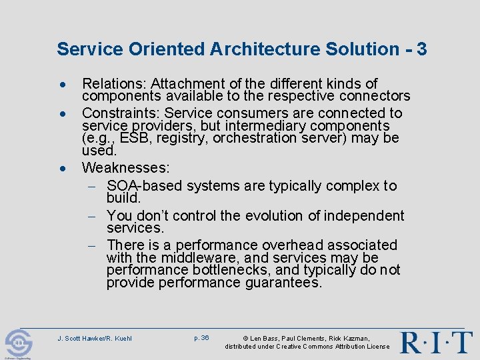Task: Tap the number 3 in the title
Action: (421, 49)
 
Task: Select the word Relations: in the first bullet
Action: (114, 84)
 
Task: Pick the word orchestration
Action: (261, 138)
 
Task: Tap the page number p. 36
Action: (201, 338)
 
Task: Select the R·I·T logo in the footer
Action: (436, 341)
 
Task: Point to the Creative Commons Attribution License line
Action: (307, 347)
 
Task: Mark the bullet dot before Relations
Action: (61, 85)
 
